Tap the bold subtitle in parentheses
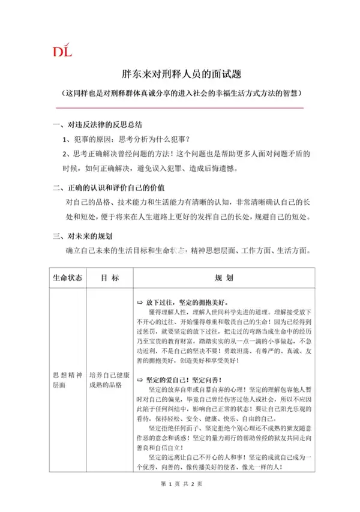(180, 94)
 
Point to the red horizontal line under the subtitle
(180, 107)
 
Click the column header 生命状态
(66, 278)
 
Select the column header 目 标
(109, 278)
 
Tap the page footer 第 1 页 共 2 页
(180, 501)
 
